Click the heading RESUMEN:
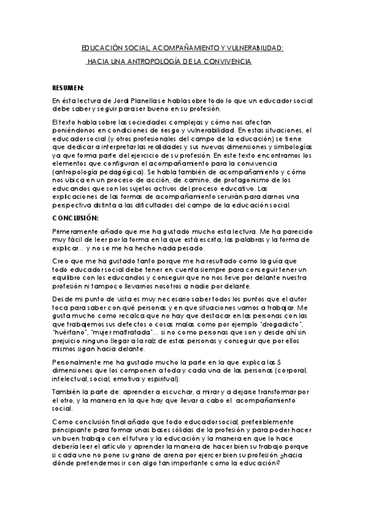click(x=68, y=87)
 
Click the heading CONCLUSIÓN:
click(x=75, y=218)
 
